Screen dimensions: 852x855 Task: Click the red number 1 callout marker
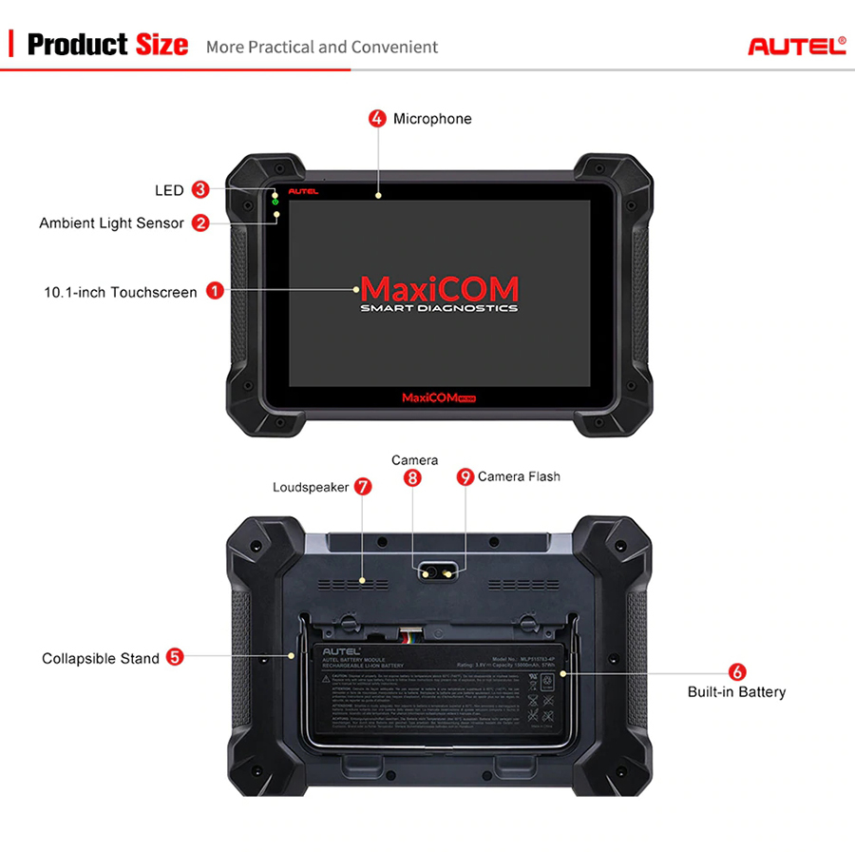[x=215, y=292]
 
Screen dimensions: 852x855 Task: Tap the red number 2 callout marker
[x=200, y=223]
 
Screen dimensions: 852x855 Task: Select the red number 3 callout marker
[x=199, y=190]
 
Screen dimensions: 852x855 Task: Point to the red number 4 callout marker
[x=377, y=119]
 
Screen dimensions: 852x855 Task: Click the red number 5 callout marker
[x=175, y=657]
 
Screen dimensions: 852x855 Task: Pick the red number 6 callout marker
[x=737, y=671]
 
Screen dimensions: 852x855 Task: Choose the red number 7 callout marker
[x=363, y=486]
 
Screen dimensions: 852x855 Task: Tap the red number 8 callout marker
[x=412, y=478]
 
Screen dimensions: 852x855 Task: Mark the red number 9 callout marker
[x=465, y=476]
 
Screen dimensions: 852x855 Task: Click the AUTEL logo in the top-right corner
[x=796, y=46]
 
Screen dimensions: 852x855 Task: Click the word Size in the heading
[x=161, y=45]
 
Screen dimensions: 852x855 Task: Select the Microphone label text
[x=432, y=119]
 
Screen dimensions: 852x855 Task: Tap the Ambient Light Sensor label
[x=111, y=223]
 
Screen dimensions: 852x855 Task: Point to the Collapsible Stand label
[x=101, y=658]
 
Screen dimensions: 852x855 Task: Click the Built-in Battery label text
[x=736, y=692]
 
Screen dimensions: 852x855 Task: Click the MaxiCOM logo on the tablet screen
[x=439, y=290]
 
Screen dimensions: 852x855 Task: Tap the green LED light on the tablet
[x=275, y=201]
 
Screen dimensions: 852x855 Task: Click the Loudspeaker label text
[x=311, y=487]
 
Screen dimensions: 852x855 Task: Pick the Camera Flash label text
[x=519, y=476]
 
